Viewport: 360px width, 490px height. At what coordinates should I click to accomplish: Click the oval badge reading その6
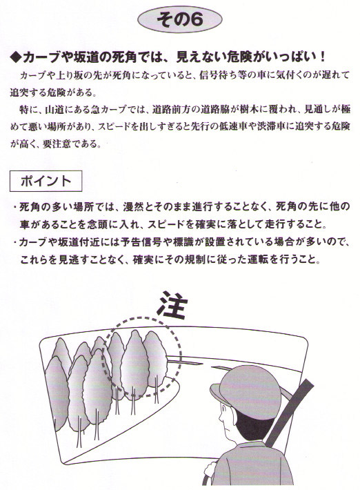[179, 19]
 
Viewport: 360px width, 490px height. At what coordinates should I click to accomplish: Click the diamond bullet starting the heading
[16, 57]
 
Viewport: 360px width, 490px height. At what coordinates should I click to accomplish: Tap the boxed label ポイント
[46, 181]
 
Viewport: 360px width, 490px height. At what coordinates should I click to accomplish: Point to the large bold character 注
[172, 304]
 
